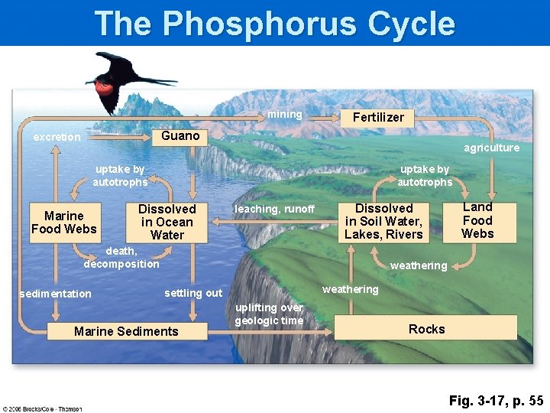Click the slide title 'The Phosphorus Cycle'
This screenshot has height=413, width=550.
[x=274, y=24]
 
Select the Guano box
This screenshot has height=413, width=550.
[x=180, y=136]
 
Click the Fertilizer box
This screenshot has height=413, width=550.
[x=378, y=117]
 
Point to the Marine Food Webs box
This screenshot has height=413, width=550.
[x=64, y=223]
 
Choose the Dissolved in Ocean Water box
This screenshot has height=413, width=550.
[x=167, y=222]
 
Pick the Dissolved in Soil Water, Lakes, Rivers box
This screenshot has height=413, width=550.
[x=383, y=222]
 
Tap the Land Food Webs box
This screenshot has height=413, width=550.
[x=477, y=220]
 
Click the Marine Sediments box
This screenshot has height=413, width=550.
[x=126, y=331]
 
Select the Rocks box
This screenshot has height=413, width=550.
[x=426, y=329]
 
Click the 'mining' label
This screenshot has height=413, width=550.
[x=284, y=115]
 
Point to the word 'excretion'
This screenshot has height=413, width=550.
[x=57, y=137]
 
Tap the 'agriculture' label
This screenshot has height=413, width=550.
[x=491, y=148]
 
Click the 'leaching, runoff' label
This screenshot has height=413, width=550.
[x=274, y=209]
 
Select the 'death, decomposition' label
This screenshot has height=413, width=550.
[x=121, y=257]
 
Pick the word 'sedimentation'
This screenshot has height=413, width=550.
[x=55, y=294]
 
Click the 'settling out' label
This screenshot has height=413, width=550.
[x=193, y=293]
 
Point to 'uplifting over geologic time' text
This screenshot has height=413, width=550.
[x=269, y=314]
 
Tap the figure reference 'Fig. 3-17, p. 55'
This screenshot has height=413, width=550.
[x=496, y=400]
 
